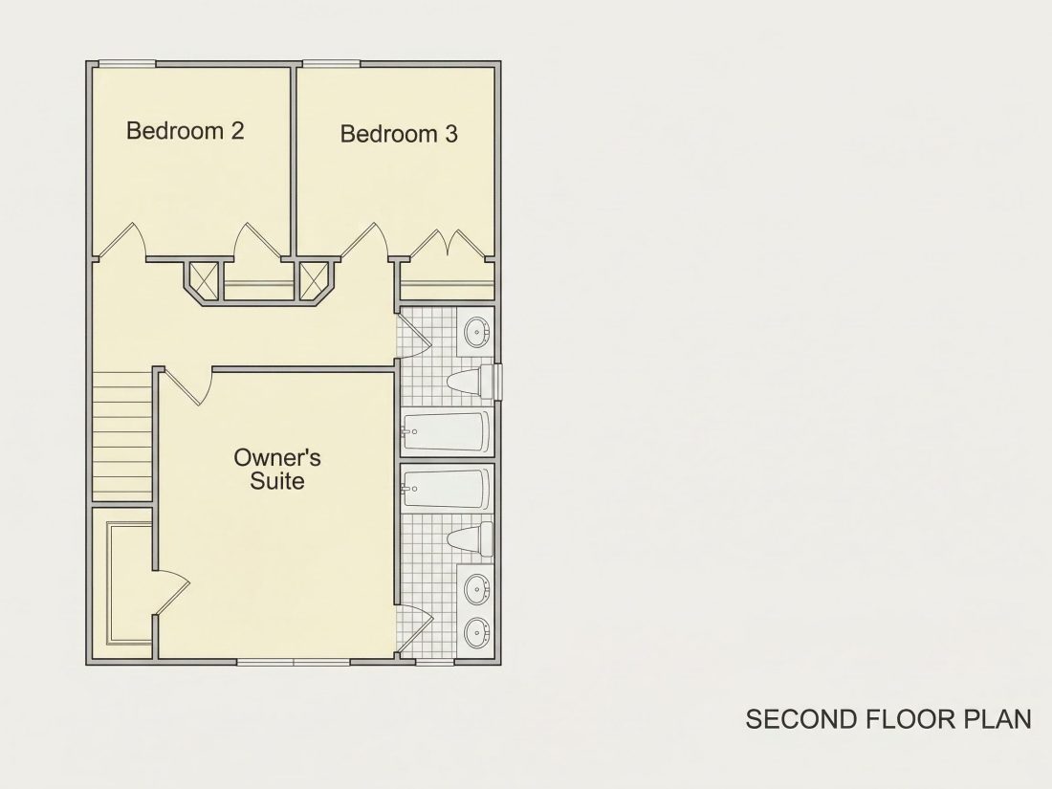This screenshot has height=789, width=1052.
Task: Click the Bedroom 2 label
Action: (x=186, y=130)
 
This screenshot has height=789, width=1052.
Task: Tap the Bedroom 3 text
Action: (x=399, y=134)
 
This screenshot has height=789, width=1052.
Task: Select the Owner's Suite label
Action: (x=277, y=469)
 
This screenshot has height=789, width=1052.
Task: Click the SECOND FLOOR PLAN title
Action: (x=888, y=718)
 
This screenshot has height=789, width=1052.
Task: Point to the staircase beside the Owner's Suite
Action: (x=122, y=435)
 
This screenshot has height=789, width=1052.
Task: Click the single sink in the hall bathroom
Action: (x=477, y=332)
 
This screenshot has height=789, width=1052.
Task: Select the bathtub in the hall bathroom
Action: (x=445, y=432)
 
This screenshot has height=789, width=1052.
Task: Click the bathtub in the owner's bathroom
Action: (x=445, y=489)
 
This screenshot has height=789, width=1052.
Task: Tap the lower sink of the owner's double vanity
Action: (x=477, y=632)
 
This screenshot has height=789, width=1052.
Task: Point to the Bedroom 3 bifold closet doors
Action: (x=448, y=245)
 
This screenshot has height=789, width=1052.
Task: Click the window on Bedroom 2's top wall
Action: (x=127, y=64)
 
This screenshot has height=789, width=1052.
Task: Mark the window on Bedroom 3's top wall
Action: (x=332, y=64)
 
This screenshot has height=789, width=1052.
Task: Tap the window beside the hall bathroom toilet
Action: (x=498, y=382)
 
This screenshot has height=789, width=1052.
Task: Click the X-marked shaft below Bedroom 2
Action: (x=204, y=280)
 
